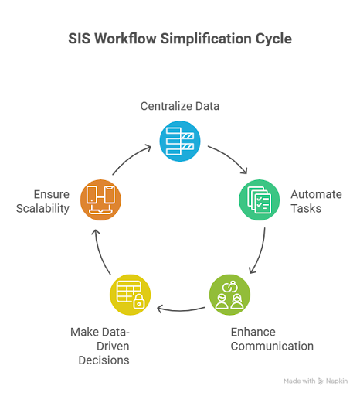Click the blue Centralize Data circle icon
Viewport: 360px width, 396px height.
179,138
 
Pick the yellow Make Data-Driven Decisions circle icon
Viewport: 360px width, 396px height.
129,295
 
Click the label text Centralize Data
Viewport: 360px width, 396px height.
179,106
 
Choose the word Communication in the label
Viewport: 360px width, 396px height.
272,346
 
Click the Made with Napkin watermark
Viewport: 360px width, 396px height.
315,381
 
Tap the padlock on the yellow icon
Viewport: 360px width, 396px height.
138,303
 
